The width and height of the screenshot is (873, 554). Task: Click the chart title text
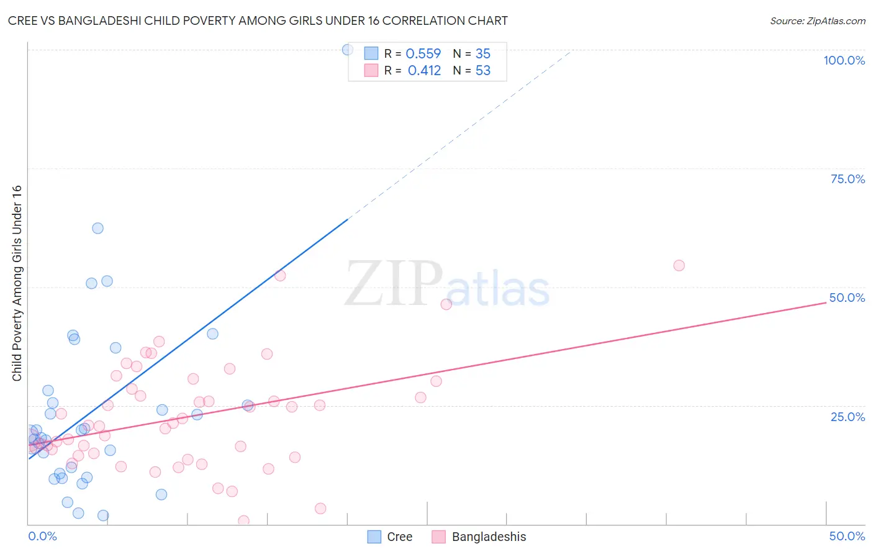tap(258, 20)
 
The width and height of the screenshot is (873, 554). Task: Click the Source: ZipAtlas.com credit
tap(817, 20)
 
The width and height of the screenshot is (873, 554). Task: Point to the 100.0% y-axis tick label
tap(844, 60)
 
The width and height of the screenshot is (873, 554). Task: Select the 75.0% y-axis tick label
tap(848, 179)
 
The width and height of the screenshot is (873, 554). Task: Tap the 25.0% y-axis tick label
tap(848, 417)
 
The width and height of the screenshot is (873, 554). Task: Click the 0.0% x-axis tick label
tap(42, 536)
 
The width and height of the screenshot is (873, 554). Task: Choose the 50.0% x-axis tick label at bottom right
tap(847, 536)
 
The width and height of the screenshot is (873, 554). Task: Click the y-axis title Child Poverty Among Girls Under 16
tap(17, 283)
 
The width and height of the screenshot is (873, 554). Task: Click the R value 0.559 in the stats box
tap(423, 54)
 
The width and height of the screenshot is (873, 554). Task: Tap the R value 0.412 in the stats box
tap(424, 71)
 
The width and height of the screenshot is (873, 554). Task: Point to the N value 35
tap(483, 54)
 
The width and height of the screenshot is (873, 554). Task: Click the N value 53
tap(483, 71)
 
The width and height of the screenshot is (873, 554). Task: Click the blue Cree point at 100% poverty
tap(348, 50)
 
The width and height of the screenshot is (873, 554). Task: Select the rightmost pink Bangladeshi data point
tap(679, 266)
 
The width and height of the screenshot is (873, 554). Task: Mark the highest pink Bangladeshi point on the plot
tap(679, 266)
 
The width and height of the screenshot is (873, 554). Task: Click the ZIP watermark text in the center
tap(393, 284)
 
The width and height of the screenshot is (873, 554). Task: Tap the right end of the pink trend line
tap(826, 302)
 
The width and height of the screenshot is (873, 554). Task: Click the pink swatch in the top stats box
tap(371, 70)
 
